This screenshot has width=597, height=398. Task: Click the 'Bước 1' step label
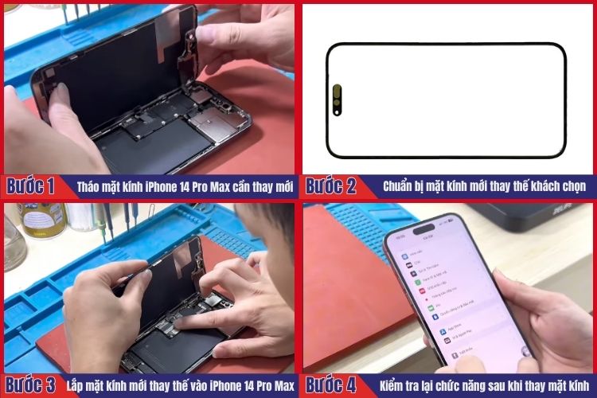coord(30,186)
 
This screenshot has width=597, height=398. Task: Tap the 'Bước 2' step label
coord(331,186)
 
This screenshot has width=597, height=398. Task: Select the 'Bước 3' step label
coord(30,385)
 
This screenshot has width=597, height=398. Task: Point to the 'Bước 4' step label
coord(331,385)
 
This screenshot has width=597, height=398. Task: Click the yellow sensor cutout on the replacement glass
coord(337,99)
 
